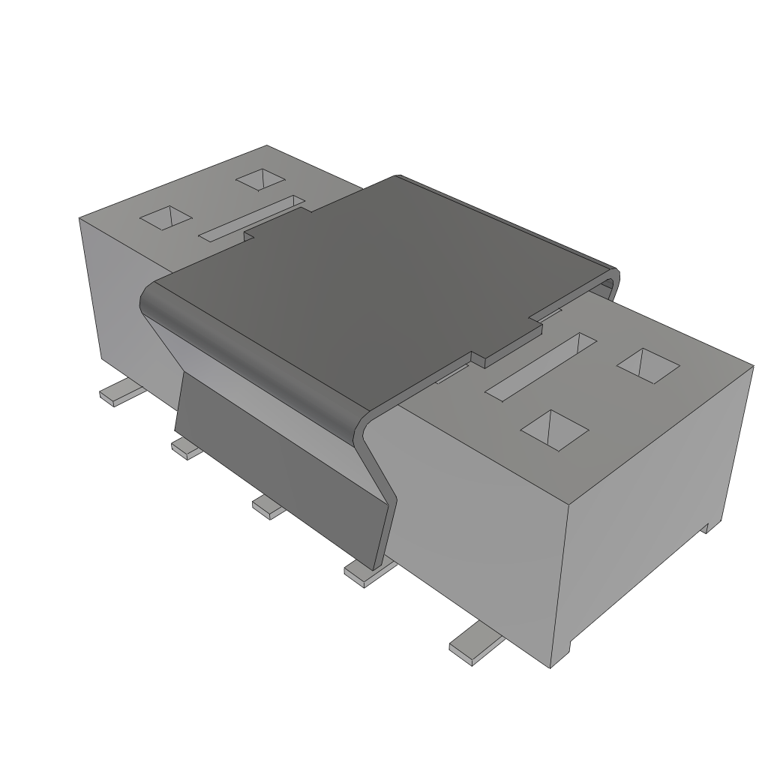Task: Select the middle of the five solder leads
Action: (x=268, y=508)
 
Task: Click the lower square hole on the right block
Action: (x=554, y=430)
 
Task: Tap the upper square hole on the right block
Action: (x=648, y=365)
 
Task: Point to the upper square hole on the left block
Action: (x=261, y=180)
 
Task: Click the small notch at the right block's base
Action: (x=706, y=528)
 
